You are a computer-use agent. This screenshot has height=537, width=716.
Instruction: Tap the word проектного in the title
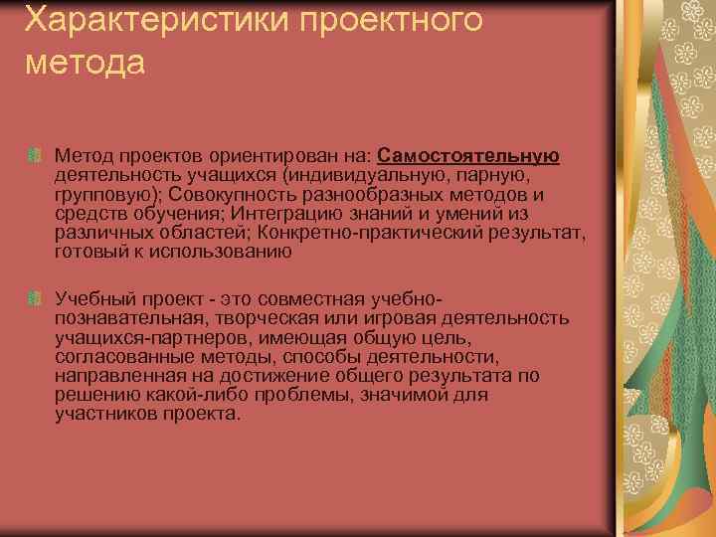(377, 21)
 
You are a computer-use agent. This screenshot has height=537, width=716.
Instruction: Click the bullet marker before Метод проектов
(33, 156)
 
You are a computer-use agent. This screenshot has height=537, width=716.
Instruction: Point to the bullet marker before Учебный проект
(33, 298)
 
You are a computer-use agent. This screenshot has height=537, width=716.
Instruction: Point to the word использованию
(227, 251)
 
